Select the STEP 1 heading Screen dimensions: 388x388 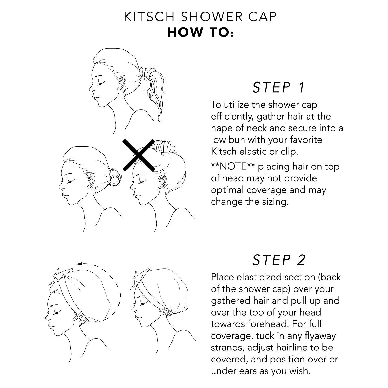[x=279, y=87]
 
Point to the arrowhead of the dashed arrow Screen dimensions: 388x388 [x=80, y=264]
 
